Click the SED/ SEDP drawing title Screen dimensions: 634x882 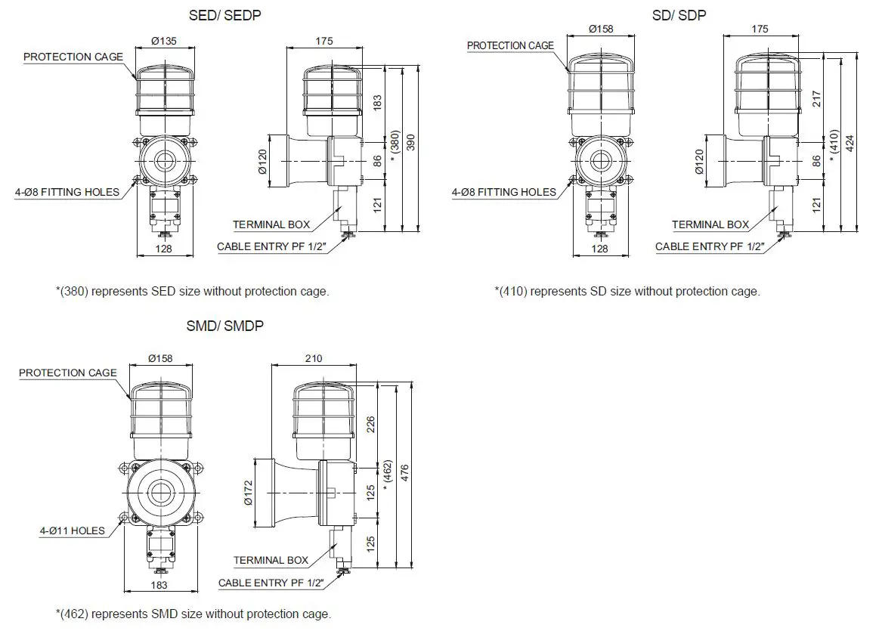pos(224,15)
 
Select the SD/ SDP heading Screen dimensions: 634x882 pos(679,15)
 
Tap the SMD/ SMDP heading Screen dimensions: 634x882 pos(224,326)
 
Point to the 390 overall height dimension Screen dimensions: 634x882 pos(411,146)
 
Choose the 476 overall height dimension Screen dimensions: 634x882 pos(405,474)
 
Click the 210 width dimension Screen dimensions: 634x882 pos(312,358)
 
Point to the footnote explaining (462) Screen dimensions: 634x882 pos(193,614)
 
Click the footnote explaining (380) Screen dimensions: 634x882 pos(193,291)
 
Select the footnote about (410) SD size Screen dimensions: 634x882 pos(627,291)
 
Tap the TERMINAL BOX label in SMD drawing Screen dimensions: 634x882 pos(271,560)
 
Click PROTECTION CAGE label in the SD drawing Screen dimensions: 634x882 pos(510,45)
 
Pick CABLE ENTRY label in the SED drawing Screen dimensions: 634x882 pos(270,246)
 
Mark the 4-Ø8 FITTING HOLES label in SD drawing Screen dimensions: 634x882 pos(504,192)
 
